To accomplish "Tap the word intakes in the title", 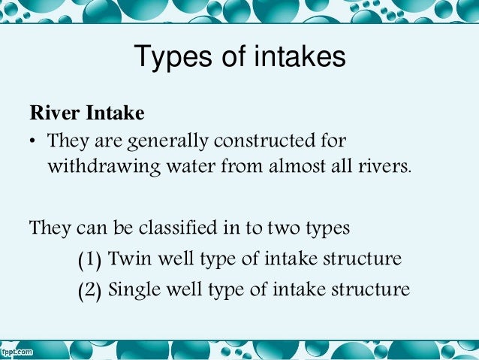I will point(297,57).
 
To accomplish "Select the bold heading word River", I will point(55,114).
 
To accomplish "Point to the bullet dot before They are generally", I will point(33,142).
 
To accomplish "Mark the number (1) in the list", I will point(91,260).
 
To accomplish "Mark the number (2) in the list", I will point(91,289).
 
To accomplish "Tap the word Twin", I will point(128,259).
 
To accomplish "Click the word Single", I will point(136,289).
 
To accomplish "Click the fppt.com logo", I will point(17,351).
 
